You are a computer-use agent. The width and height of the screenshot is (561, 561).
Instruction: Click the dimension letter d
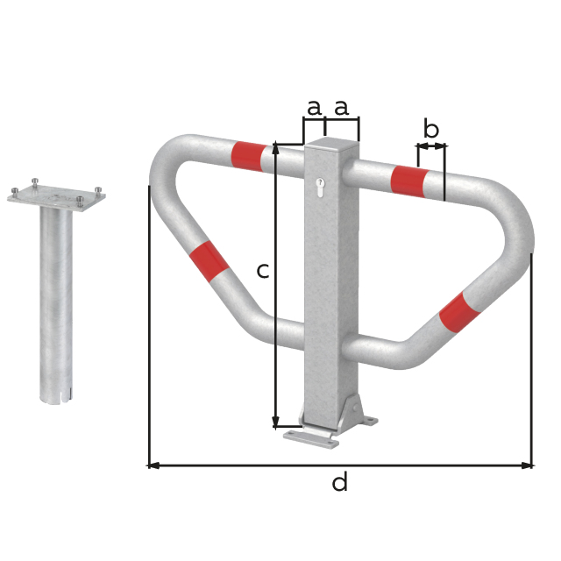(340, 482)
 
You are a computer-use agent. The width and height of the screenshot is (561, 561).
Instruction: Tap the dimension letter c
(262, 271)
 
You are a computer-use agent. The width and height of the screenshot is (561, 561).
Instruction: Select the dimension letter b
(431, 130)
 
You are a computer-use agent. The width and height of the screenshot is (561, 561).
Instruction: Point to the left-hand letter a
(314, 108)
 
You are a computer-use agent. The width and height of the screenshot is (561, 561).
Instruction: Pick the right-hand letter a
(341, 108)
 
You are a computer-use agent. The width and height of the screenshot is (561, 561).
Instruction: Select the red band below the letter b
(408, 181)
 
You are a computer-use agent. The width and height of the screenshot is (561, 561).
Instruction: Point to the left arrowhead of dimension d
(153, 465)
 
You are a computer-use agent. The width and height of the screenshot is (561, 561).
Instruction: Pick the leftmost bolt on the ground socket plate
(15, 190)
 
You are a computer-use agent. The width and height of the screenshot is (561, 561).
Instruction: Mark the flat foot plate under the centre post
(311, 437)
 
